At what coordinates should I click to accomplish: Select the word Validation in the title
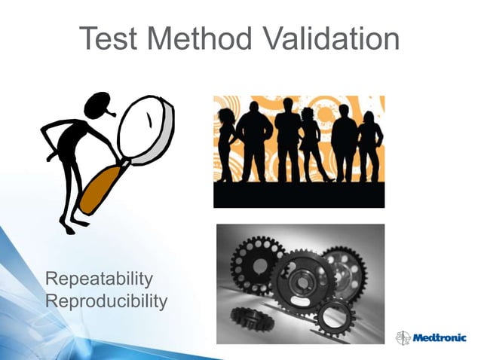click(x=332, y=38)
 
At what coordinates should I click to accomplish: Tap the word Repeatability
click(x=100, y=280)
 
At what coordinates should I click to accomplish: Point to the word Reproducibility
click(x=106, y=301)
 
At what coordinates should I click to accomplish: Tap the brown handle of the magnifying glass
click(x=99, y=188)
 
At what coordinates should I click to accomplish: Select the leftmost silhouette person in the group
click(x=225, y=143)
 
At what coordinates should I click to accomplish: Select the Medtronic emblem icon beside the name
click(x=402, y=337)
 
